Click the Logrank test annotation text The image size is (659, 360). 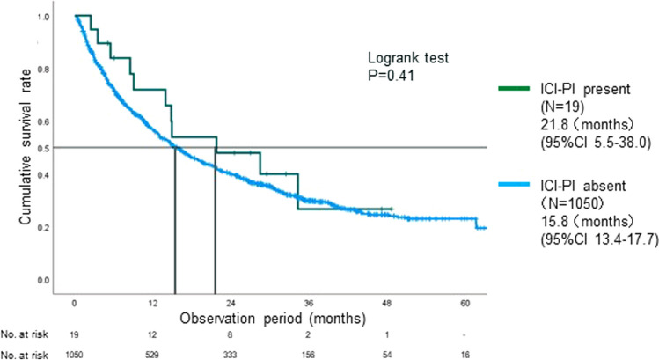pyautogui.click(x=408, y=57)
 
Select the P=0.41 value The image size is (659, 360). pyautogui.click(x=391, y=76)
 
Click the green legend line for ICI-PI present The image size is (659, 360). pyautogui.click(x=514, y=88)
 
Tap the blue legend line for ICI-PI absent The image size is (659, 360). pyautogui.click(x=514, y=184)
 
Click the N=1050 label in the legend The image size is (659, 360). pyautogui.click(x=572, y=203)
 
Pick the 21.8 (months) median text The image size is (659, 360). pyautogui.click(x=587, y=125)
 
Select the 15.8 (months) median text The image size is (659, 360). pyautogui.click(x=587, y=222)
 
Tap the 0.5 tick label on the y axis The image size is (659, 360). pyautogui.click(x=44, y=148)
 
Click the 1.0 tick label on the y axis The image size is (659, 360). pyautogui.click(x=44, y=18)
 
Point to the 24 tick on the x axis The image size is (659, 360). pyautogui.click(x=231, y=303)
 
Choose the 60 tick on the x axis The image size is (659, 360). pyautogui.click(x=465, y=303)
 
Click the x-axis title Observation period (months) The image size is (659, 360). pyautogui.click(x=273, y=319)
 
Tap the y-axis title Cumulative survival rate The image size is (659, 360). pyautogui.click(x=26, y=147)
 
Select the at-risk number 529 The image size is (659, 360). pyautogui.click(x=152, y=355)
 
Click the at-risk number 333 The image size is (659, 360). pyautogui.click(x=230, y=355)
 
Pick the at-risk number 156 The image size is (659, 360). pyautogui.click(x=308, y=355)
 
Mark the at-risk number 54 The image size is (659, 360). pyautogui.click(x=386, y=355)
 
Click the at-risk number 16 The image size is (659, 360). pyautogui.click(x=465, y=355)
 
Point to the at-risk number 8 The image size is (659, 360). pyautogui.click(x=230, y=334)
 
